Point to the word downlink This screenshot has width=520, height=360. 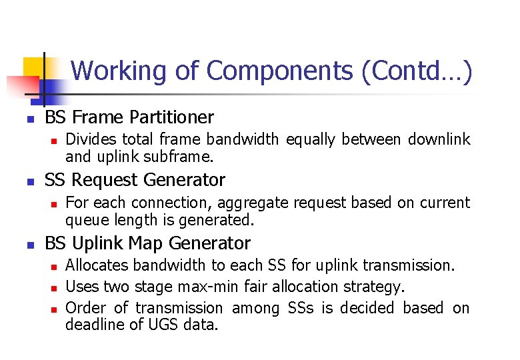439,139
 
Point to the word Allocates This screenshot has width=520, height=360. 97,265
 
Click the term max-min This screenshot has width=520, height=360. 199,287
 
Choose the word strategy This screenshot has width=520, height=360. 375,287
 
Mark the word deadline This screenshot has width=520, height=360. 92,325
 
